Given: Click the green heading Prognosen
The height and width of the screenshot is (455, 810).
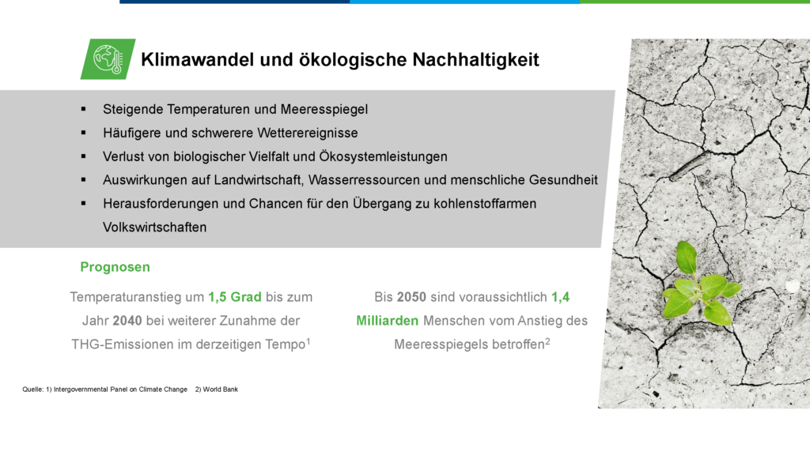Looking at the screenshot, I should (x=115, y=267).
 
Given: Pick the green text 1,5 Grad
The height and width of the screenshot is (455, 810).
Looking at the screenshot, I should (x=234, y=298).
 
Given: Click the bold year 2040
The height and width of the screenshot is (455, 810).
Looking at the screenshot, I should (x=127, y=321).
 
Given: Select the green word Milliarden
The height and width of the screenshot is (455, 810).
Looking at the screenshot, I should (x=388, y=321).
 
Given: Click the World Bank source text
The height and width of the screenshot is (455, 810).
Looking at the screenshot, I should (x=216, y=389).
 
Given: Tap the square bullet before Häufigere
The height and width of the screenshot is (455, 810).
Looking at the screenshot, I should (x=84, y=133).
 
